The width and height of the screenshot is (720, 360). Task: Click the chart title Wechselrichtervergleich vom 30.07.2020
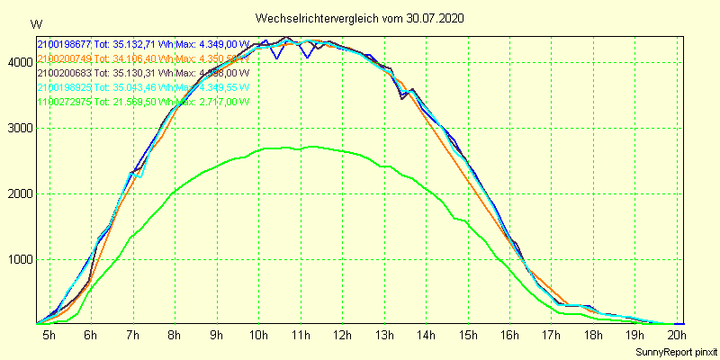point(359,18)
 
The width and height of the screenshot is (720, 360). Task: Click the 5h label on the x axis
point(49,335)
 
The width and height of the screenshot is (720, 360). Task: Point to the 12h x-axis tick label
point(341,335)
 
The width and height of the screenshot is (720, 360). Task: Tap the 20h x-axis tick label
point(677,335)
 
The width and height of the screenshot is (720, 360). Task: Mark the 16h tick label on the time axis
point(509,335)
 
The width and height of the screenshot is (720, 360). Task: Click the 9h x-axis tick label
point(216,335)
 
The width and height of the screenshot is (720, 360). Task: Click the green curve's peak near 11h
point(310,146)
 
